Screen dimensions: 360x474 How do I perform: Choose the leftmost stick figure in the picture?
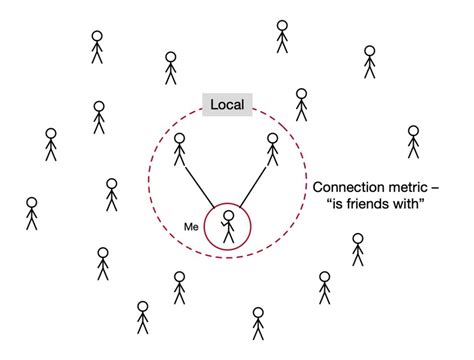31,213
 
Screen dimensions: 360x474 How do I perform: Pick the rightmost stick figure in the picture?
413,142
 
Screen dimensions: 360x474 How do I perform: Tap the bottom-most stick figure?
258,324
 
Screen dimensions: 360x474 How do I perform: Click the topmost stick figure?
283,36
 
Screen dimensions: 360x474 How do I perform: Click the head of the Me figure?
229,215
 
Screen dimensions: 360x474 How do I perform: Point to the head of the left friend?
180,138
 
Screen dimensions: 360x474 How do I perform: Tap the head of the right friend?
272,137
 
